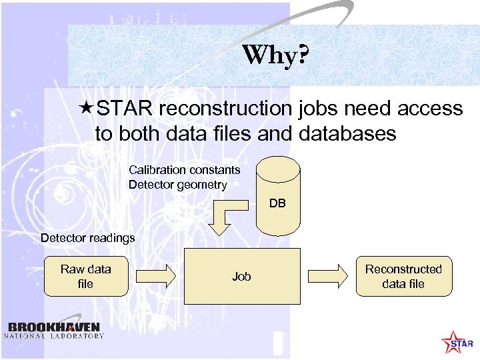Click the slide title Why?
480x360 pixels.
275,55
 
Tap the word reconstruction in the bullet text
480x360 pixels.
225,109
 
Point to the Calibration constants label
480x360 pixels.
184,170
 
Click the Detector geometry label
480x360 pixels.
177,185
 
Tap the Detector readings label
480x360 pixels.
87,238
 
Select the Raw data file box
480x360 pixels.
86,276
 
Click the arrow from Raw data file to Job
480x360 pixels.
156,275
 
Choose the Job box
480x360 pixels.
241,276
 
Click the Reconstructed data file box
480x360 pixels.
403,276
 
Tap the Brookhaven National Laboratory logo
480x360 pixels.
54,330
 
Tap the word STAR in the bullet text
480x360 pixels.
125,109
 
